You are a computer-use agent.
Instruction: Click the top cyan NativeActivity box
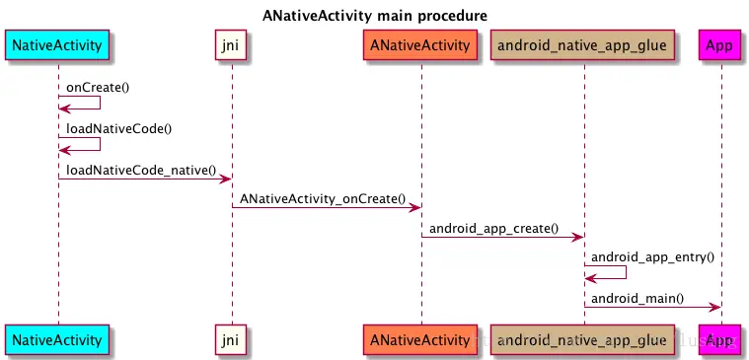pyautogui.click(x=57, y=45)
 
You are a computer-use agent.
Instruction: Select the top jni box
pyautogui.click(x=232, y=45)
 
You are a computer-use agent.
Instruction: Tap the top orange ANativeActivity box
pyautogui.click(x=420, y=45)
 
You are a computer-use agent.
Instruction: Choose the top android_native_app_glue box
pyautogui.click(x=582, y=45)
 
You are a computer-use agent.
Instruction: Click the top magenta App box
pyautogui.click(x=721, y=45)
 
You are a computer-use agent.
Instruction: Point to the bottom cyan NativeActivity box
pyautogui.click(x=57, y=340)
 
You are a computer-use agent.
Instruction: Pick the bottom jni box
pyautogui.click(x=232, y=340)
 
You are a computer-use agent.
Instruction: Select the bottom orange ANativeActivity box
pyautogui.click(x=420, y=340)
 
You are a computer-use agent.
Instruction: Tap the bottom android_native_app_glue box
pyautogui.click(x=582, y=340)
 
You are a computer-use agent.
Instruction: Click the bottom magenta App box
pyautogui.click(x=721, y=340)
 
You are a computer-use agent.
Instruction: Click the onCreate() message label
pyautogui.click(x=98, y=87)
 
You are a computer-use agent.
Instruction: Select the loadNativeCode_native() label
pyautogui.click(x=141, y=170)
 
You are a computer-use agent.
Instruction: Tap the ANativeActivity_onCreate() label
pyautogui.click(x=323, y=198)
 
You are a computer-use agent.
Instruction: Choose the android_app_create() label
pyautogui.click(x=493, y=228)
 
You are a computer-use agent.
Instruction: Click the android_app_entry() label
pyautogui.click(x=651, y=256)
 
